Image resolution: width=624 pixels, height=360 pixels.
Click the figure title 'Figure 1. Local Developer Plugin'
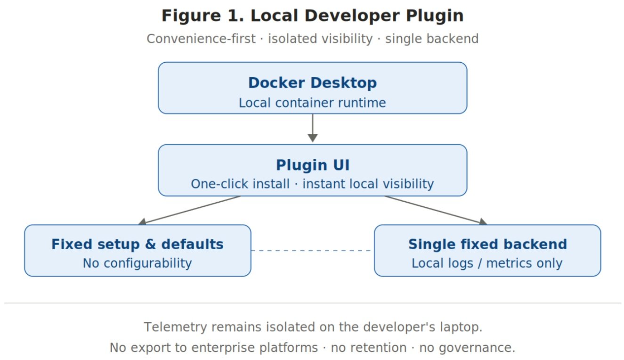pyautogui.click(x=312, y=16)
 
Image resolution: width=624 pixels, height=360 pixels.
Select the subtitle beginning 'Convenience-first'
pyautogui.click(x=312, y=39)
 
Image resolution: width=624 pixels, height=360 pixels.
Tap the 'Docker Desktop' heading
pyautogui.click(x=312, y=83)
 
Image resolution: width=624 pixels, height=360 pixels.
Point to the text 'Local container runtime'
pyautogui.click(x=312, y=103)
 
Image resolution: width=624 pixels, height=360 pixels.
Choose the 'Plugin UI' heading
pyautogui.click(x=312, y=165)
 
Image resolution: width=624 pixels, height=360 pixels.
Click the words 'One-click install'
pyautogui.click(x=240, y=184)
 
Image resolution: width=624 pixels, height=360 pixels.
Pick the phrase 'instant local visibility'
pyautogui.click(x=368, y=184)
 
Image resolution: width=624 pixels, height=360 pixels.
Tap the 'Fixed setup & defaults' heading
pyautogui.click(x=138, y=244)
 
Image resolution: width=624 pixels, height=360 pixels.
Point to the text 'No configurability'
pyautogui.click(x=138, y=263)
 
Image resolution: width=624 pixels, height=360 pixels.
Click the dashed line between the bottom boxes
pyautogui.click(x=312, y=251)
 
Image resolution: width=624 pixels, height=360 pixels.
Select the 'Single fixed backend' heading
pyautogui.click(x=487, y=244)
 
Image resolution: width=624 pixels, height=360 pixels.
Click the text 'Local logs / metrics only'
pyautogui.click(x=487, y=263)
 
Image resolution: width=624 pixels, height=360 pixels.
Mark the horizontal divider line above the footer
pyautogui.click(x=312, y=303)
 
